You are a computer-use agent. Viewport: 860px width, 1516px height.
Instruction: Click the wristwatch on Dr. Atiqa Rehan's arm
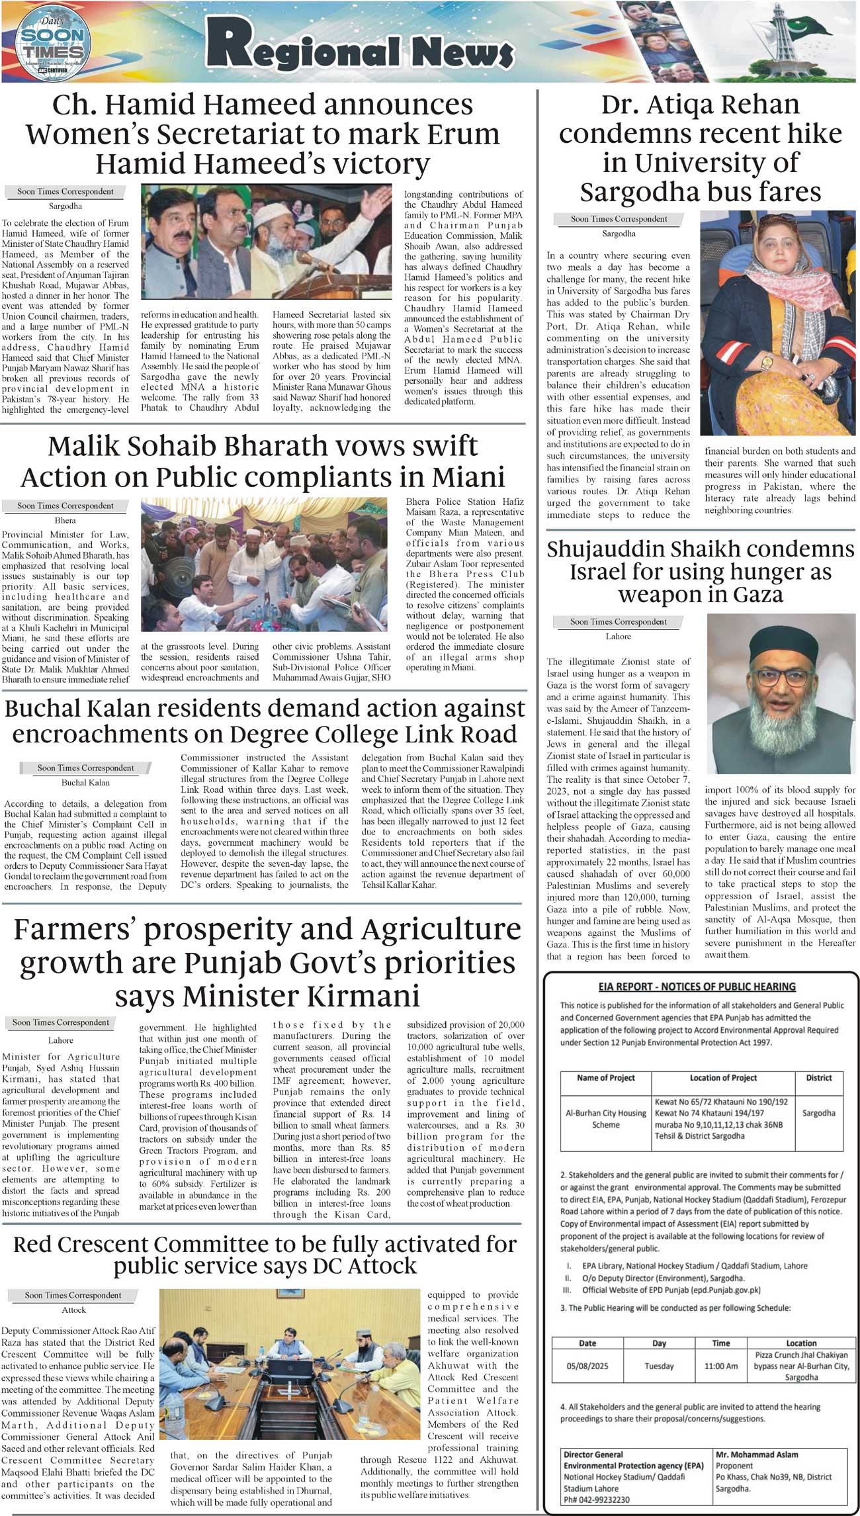767,362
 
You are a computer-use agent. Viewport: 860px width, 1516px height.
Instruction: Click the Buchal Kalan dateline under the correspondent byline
85,782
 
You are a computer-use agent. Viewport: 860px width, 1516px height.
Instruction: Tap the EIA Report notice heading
697,987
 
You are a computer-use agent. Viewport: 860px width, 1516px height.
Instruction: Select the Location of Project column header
723,1077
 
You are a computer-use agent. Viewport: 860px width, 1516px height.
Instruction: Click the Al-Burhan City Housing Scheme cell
605,1118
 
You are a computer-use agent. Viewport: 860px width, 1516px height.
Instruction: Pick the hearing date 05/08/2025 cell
587,1366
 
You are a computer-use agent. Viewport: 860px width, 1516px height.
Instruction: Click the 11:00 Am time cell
721,1366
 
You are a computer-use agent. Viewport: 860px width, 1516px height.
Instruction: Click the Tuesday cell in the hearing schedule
659,1366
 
